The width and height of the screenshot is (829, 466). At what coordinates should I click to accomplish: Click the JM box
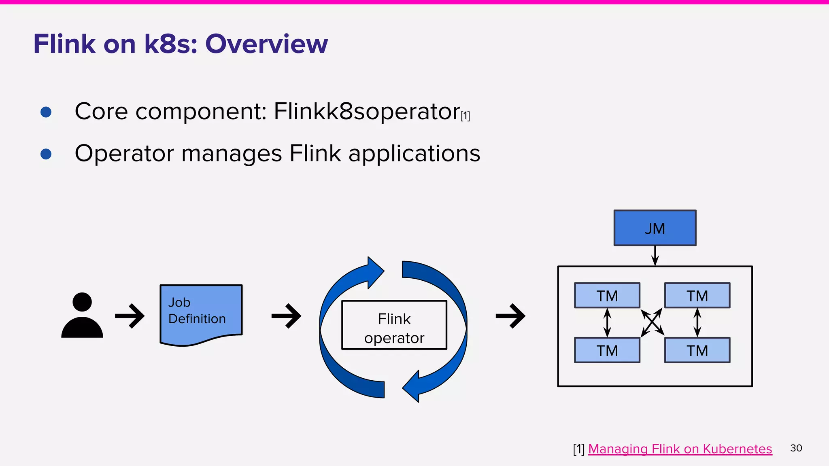tap(655, 228)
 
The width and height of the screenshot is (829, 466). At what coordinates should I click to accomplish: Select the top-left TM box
tap(607, 296)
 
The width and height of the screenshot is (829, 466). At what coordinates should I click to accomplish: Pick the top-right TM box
tap(697, 296)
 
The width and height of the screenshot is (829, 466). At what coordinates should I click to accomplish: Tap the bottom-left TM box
tap(607, 350)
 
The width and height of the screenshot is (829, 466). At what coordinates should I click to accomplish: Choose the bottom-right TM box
tap(697, 350)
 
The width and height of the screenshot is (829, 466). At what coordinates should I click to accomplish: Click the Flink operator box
tap(394, 325)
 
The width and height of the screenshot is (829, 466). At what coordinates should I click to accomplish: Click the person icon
tap(82, 316)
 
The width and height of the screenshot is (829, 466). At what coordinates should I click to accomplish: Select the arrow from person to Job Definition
tap(130, 316)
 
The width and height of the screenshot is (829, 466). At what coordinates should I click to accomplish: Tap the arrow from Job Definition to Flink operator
tap(286, 316)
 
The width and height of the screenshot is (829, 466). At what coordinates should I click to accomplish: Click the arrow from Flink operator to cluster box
tap(510, 316)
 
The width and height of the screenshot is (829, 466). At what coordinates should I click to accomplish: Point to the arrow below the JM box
tap(655, 256)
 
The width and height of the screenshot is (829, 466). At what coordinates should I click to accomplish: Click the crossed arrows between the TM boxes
tap(652, 323)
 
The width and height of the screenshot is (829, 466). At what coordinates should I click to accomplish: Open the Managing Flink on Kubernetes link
tap(680, 449)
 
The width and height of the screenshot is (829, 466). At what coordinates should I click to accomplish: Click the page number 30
tap(796, 448)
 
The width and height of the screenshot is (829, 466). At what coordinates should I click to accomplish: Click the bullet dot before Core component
tap(46, 112)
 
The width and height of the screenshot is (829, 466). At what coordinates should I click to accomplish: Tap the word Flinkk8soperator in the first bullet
tap(367, 112)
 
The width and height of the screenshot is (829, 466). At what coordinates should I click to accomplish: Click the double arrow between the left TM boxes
tap(607, 323)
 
